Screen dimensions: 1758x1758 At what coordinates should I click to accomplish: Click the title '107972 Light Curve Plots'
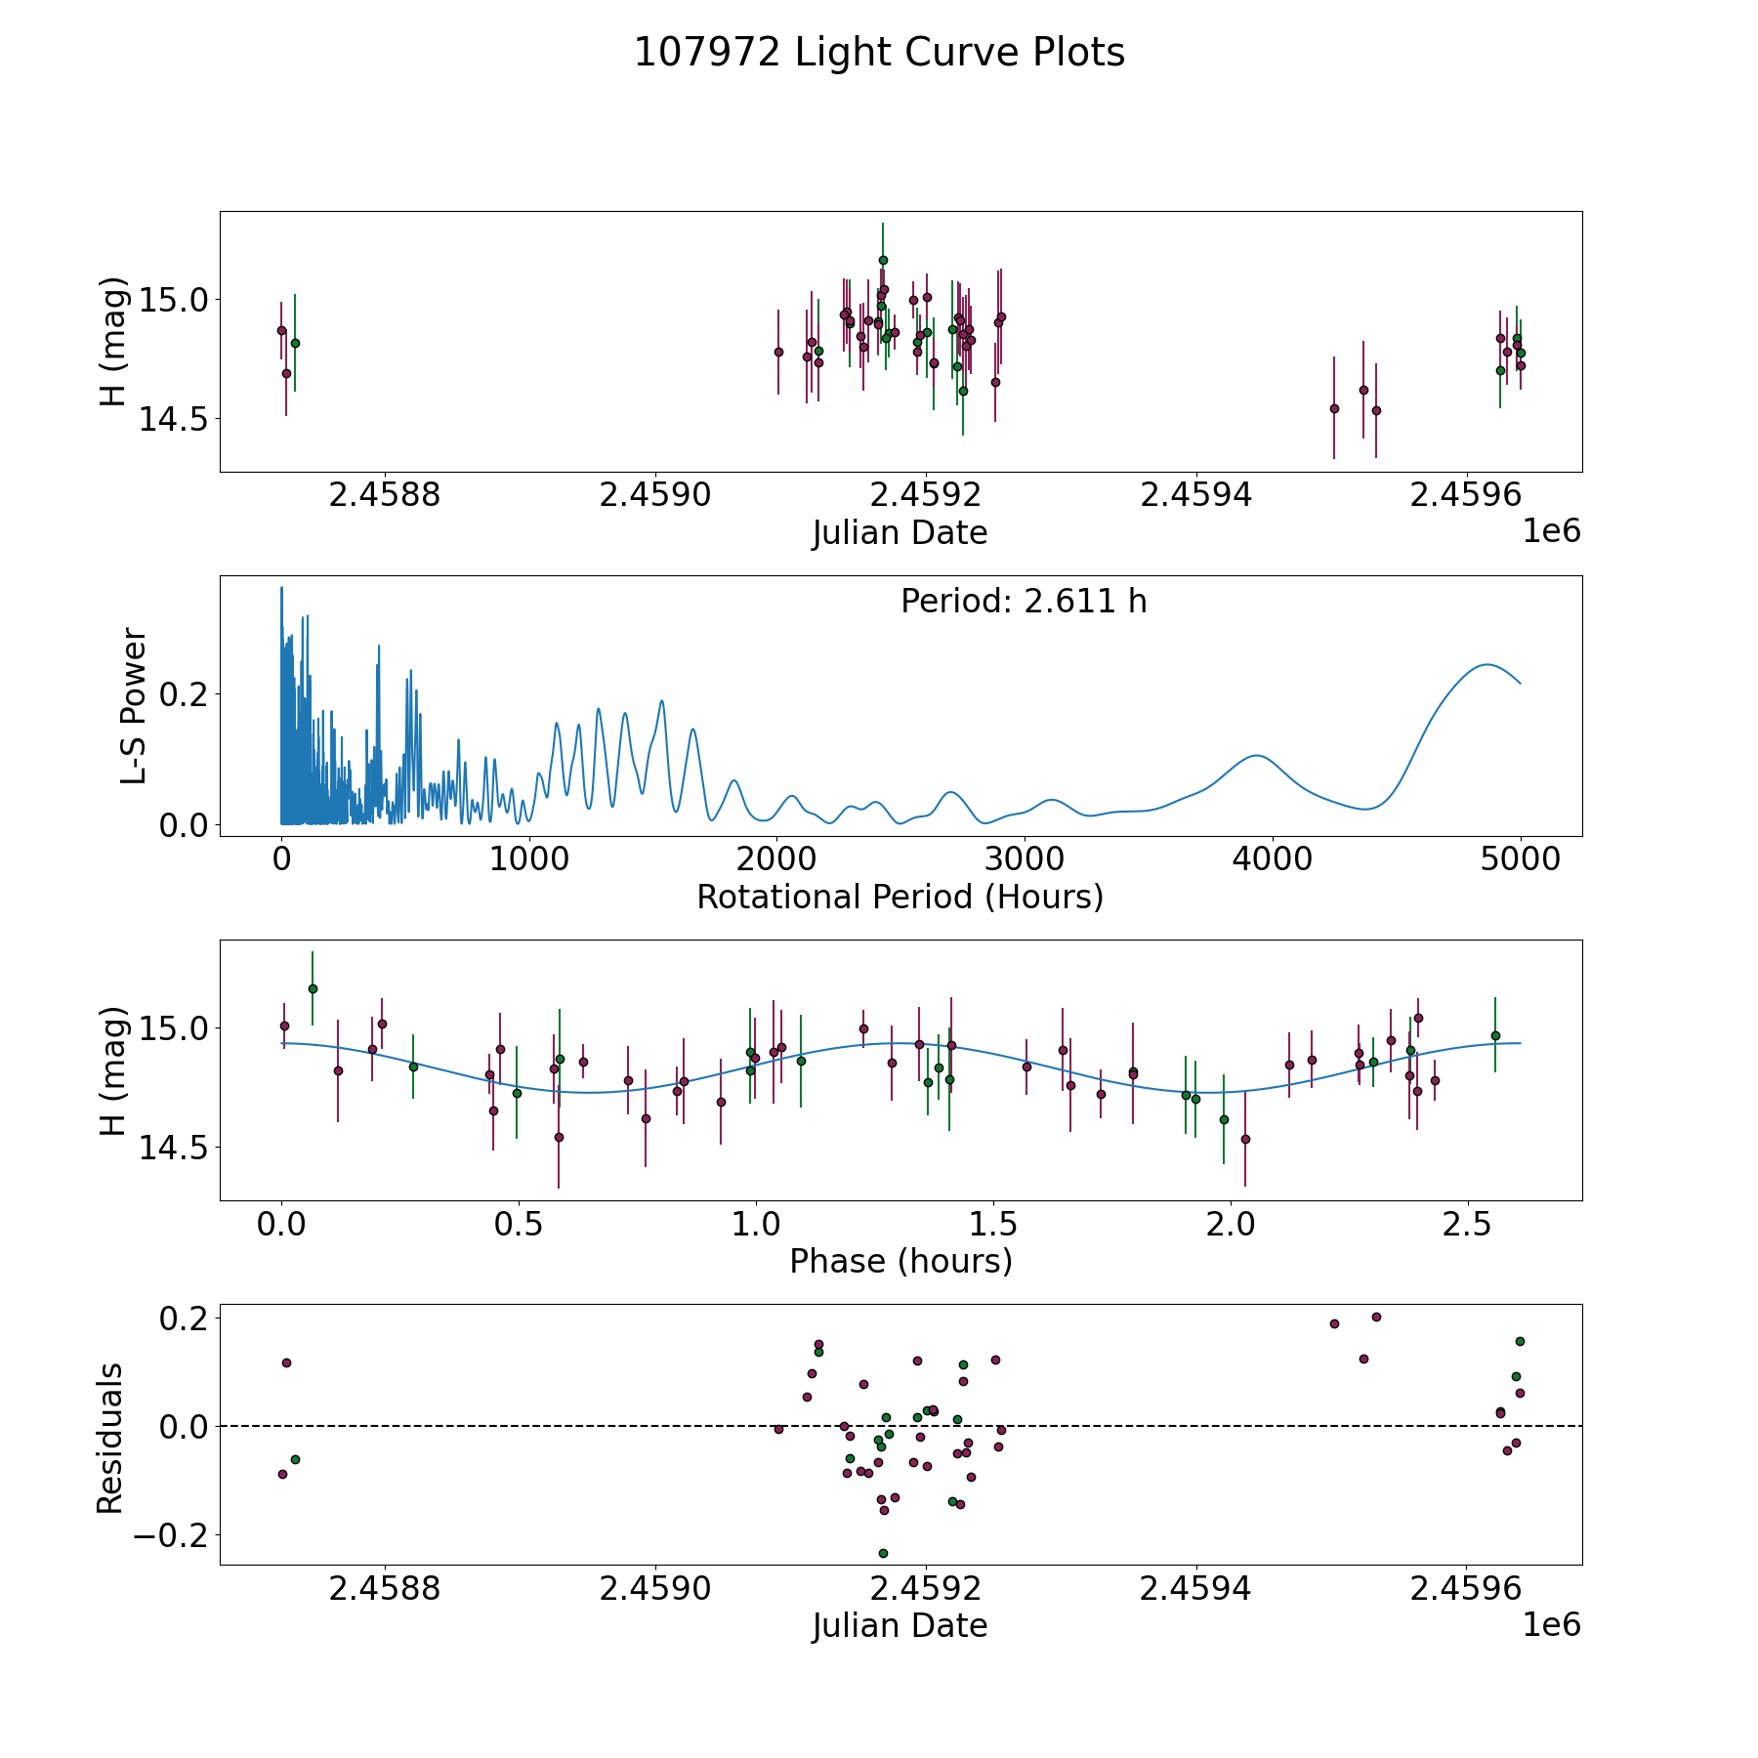pyautogui.click(x=879, y=53)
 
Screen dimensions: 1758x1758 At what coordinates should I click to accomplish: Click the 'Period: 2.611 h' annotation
pyautogui.click(x=1024, y=602)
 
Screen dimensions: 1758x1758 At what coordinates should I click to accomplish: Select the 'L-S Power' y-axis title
pyautogui.click(x=134, y=706)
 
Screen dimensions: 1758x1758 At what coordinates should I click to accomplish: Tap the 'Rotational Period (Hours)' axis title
pyautogui.click(x=900, y=897)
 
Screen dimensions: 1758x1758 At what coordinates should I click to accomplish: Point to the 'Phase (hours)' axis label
pyautogui.click(x=900, y=1261)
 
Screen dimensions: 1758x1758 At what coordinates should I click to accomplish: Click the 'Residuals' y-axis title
pyautogui.click(x=110, y=1438)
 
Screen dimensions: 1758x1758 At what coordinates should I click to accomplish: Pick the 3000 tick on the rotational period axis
pyautogui.click(x=1025, y=859)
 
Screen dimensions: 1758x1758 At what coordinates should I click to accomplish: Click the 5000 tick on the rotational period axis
pyautogui.click(x=1520, y=859)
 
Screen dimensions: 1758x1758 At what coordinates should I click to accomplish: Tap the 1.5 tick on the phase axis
pyautogui.click(x=993, y=1224)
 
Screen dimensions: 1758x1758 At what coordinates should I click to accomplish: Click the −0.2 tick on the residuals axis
pyautogui.click(x=172, y=1534)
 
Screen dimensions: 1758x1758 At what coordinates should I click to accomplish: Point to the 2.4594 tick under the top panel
pyautogui.click(x=1196, y=495)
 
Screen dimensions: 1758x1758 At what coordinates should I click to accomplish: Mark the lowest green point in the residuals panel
pyautogui.click(x=883, y=1553)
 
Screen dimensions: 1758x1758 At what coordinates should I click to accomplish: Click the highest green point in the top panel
pyautogui.click(x=883, y=260)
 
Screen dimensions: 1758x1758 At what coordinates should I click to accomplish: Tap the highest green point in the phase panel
pyautogui.click(x=313, y=988)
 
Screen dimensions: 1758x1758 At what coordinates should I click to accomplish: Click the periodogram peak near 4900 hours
pyautogui.click(x=1486, y=664)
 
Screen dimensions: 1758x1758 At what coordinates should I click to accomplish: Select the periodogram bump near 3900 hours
pyautogui.click(x=1257, y=755)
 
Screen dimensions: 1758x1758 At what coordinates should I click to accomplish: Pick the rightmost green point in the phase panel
pyautogui.click(x=1495, y=1035)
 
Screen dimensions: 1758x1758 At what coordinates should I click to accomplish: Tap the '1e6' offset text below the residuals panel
pyautogui.click(x=1551, y=1624)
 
